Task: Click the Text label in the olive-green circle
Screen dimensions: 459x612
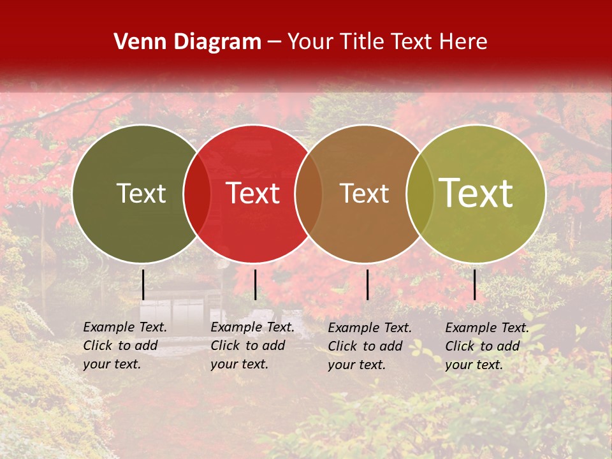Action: pyautogui.click(x=141, y=194)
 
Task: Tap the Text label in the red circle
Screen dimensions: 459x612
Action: pyautogui.click(x=252, y=194)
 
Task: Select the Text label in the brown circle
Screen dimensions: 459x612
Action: pyautogui.click(x=364, y=194)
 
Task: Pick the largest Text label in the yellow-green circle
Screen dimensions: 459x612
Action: pyautogui.click(x=476, y=193)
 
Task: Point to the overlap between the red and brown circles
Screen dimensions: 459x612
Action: pyautogui.click(x=308, y=194)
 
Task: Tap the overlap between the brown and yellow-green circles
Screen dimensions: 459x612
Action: pyautogui.click(x=419, y=194)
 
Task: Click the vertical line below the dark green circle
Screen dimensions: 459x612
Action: pyautogui.click(x=143, y=284)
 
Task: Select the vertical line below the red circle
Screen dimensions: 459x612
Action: pyautogui.click(x=255, y=284)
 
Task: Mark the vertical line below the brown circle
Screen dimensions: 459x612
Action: pyautogui.click(x=368, y=284)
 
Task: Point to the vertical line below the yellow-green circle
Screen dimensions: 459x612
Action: pyautogui.click(x=474, y=284)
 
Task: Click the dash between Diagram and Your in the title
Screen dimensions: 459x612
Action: pyautogui.click(x=274, y=43)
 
